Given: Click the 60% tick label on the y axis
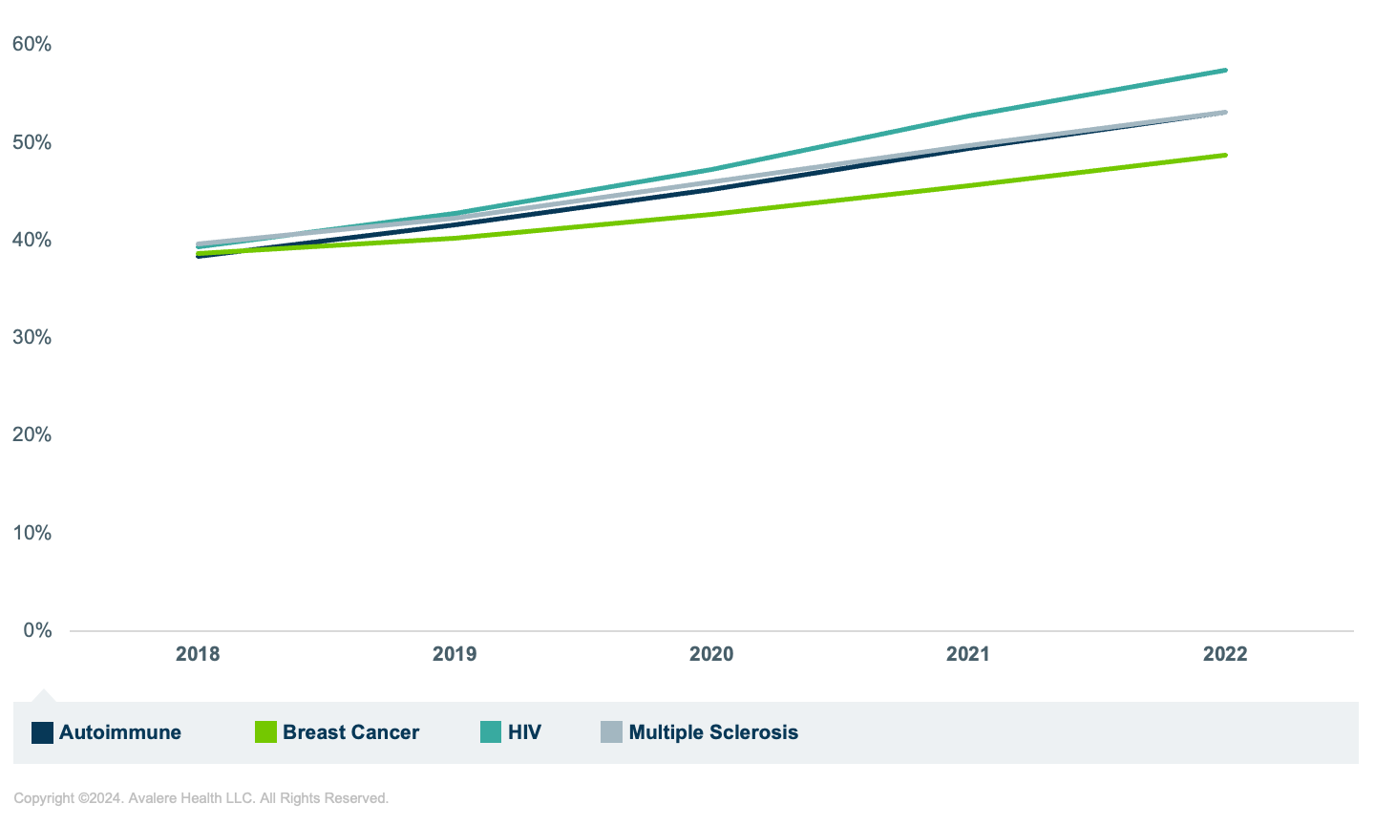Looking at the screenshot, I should point(32,44).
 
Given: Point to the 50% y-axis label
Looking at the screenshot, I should point(32,142).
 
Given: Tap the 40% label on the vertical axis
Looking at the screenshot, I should point(32,240).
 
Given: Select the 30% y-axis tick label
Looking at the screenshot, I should point(32,337).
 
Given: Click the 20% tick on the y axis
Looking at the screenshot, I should point(32,434).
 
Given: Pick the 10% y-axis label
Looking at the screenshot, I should point(32,533).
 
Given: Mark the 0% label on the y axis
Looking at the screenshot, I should point(37,630).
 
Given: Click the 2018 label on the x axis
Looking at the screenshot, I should point(198,654).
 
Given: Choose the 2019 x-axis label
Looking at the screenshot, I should point(455,654).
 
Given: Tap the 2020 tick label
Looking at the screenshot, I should point(711,654).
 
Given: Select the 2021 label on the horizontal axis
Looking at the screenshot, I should point(968,654).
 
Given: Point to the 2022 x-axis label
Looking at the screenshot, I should point(1225,654).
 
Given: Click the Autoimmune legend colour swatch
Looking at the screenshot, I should point(42,732).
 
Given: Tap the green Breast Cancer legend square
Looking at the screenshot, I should point(265,732).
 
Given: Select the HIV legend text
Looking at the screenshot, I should point(524,732).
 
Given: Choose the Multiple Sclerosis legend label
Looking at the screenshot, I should point(713,732).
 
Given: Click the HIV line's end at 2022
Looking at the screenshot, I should point(1225,71).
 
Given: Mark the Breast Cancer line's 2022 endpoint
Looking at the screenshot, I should point(1225,155).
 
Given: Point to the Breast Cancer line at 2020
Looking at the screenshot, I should point(711,214).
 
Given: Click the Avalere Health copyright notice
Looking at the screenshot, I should point(201,798).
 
